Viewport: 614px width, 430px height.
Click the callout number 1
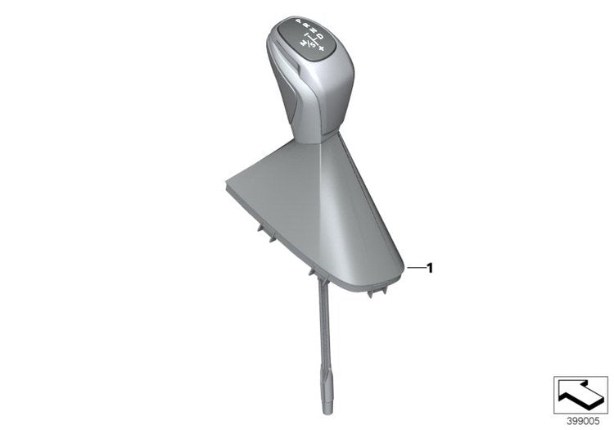[x=430, y=268]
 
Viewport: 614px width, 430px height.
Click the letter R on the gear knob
[x=306, y=25]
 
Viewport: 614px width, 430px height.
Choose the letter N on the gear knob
[x=314, y=30]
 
